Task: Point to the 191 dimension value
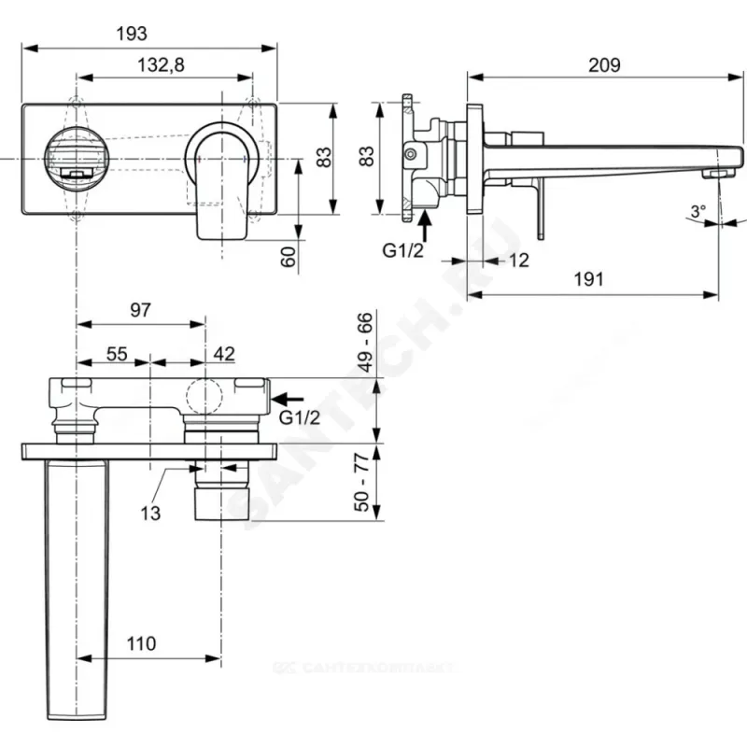587,278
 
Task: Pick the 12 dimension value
519,261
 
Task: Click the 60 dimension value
288,254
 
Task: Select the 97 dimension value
140,311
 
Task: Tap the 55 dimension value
116,354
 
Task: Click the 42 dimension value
224,354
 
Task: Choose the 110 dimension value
141,643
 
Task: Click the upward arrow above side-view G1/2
425,224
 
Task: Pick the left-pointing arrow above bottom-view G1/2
290,399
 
